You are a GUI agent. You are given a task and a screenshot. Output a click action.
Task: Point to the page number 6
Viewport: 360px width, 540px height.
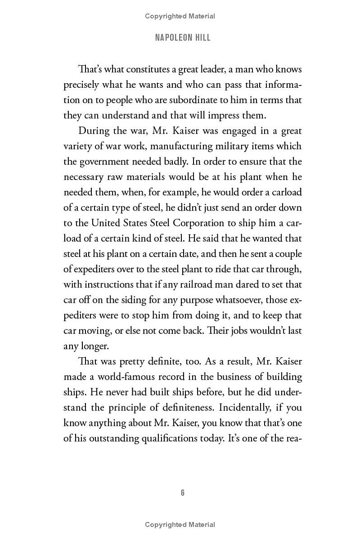click(182, 493)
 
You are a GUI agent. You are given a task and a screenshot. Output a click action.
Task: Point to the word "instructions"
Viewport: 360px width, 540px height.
click(107, 284)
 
